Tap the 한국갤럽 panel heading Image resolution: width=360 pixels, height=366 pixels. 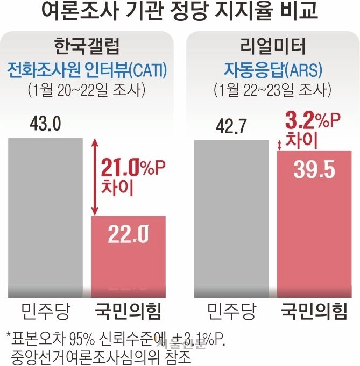click(x=87, y=47)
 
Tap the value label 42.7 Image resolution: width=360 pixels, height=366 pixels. click(x=230, y=128)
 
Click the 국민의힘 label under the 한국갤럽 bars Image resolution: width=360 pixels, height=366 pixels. click(x=129, y=311)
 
